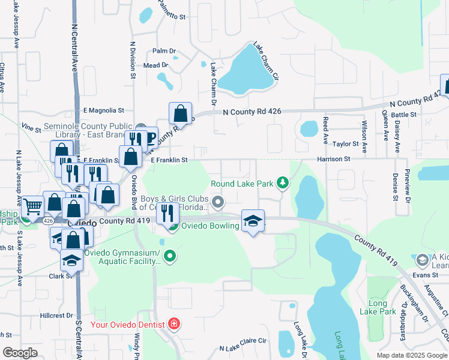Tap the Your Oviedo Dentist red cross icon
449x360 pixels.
tap(174, 325)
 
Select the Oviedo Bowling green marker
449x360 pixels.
tap(173, 226)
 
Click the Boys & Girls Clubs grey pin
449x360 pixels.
tap(218, 202)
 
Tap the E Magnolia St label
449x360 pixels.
tap(103, 110)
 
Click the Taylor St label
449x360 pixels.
tap(346, 144)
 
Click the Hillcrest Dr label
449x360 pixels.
tap(56, 315)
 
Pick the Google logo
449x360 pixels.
tap(20, 353)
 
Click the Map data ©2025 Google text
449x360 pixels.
tap(412, 355)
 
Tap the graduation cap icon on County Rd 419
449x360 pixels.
tap(253, 221)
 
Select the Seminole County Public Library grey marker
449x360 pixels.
tap(141, 127)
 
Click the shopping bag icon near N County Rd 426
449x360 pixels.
tap(180, 112)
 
